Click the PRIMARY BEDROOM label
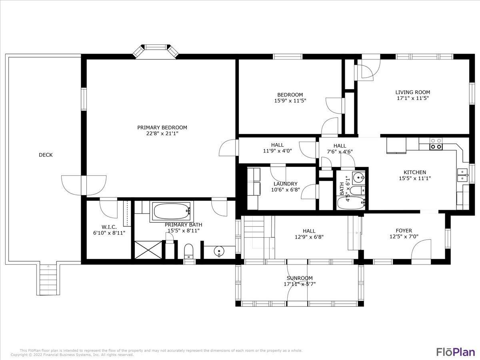pyautogui.click(x=162, y=128)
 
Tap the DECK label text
pyautogui.click(x=46, y=155)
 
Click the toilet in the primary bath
pyautogui.click(x=188, y=251)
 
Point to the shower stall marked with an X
pyautogui.click(x=148, y=250)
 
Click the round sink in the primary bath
pyautogui.click(x=218, y=251)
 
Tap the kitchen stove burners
pyautogui.click(x=436, y=144)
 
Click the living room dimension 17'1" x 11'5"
pyautogui.click(x=413, y=98)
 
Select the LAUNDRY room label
pyautogui.click(x=286, y=184)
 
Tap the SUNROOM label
pyautogui.click(x=300, y=278)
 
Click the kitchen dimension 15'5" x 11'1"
pyautogui.click(x=415, y=178)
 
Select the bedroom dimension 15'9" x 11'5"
pyautogui.click(x=288, y=101)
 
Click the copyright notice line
pyautogui.click(x=72, y=355)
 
